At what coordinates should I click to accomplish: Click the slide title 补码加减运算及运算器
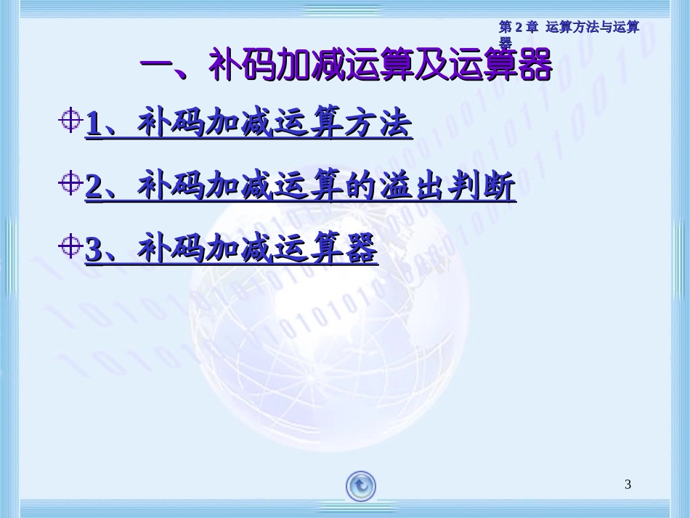(x=346, y=68)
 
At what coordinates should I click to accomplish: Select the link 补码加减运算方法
(x=249, y=124)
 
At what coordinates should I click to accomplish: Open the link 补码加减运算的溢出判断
(x=301, y=187)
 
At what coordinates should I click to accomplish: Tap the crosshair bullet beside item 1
(x=70, y=121)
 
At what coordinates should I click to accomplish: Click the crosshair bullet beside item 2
(x=70, y=185)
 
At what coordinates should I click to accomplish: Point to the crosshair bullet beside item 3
(x=70, y=248)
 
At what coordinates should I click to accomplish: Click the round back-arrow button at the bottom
(x=361, y=485)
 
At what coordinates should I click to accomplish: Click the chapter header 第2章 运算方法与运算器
(x=568, y=28)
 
